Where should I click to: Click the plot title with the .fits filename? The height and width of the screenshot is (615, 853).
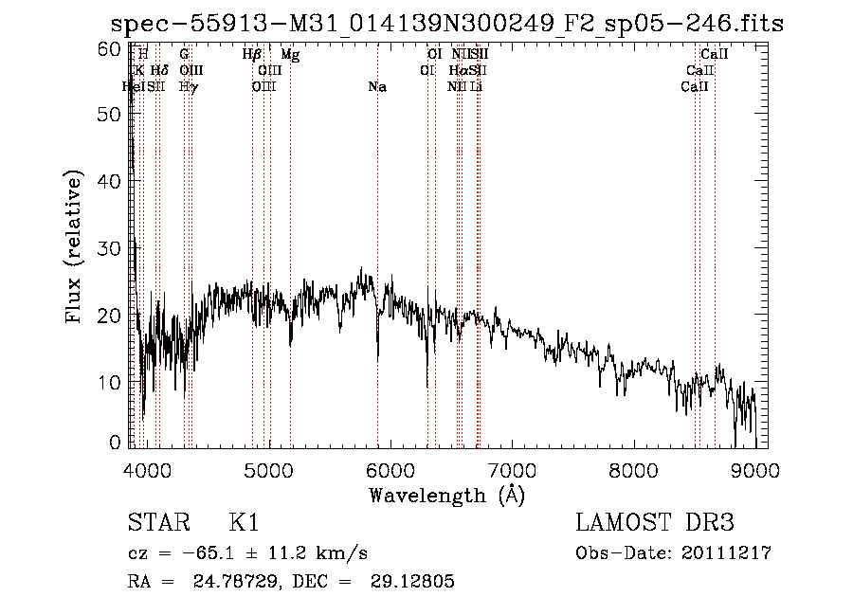click(x=446, y=23)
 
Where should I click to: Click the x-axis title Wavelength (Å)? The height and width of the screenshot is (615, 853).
click(x=446, y=495)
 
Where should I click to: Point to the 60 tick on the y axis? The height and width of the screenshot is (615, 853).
click(x=110, y=48)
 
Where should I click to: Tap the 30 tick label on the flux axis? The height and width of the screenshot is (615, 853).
click(x=110, y=248)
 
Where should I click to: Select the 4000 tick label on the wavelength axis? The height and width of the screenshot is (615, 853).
click(x=147, y=470)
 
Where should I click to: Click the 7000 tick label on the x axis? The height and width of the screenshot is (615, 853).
click(x=512, y=470)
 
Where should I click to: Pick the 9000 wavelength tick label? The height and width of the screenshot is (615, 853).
click(x=755, y=470)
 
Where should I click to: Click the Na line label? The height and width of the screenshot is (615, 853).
click(x=377, y=87)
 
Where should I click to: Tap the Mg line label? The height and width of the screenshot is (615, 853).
click(x=290, y=56)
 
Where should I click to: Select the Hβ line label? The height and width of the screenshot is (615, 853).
click(x=251, y=56)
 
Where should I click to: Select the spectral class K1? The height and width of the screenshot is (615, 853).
click(x=244, y=524)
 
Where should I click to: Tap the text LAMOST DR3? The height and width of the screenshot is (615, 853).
click(x=654, y=524)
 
